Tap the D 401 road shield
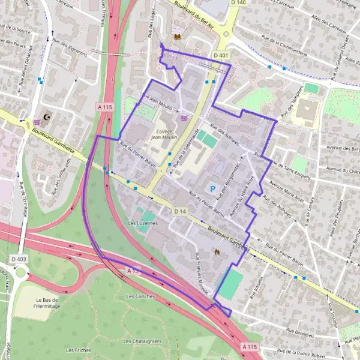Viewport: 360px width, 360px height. pos(221,55)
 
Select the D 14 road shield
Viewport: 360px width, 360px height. pos(180,212)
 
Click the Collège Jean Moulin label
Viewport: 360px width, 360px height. pos(164,134)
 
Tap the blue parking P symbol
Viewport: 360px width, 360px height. pos(212,188)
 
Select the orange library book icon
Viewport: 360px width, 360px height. pos(177,37)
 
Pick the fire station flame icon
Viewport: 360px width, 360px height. pos(217,253)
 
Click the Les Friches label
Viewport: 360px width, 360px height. pos(78,350)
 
